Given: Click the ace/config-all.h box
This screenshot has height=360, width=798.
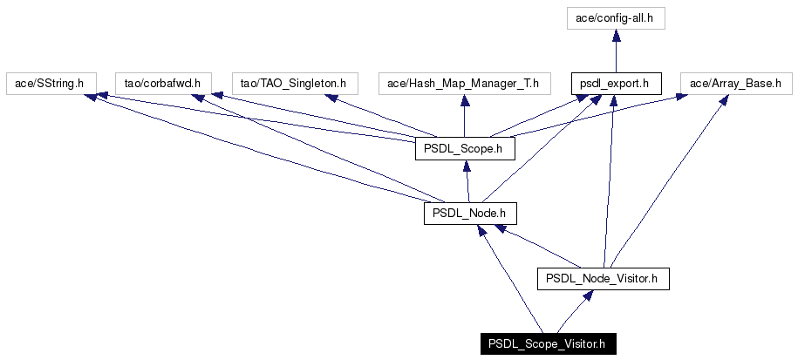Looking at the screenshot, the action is (616, 19).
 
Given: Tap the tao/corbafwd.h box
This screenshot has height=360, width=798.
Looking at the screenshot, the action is (163, 84).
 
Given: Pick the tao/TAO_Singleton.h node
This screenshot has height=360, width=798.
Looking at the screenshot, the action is (295, 84).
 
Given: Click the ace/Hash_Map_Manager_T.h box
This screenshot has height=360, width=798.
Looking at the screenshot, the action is (465, 84).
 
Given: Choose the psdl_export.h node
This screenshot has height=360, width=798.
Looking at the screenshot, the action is (616, 84).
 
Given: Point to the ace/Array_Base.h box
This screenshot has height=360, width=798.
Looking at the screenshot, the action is (736, 84).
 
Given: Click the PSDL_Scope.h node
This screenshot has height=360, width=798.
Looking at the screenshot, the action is (465, 149).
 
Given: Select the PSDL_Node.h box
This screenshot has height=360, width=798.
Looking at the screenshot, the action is (470, 214).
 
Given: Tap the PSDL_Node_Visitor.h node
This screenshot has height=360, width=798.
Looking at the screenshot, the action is (604, 279).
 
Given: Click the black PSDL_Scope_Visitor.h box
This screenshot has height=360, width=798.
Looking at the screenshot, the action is (548, 343).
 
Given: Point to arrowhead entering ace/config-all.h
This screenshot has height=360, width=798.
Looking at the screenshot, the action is (616, 35).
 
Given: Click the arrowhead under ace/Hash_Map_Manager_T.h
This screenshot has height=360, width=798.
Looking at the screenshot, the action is (465, 100).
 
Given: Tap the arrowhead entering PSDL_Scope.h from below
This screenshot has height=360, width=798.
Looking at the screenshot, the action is (466, 166).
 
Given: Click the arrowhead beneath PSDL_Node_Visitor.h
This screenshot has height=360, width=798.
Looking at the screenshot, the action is (587, 295).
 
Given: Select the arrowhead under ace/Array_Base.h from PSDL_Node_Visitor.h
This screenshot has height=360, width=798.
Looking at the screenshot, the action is (723, 100).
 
